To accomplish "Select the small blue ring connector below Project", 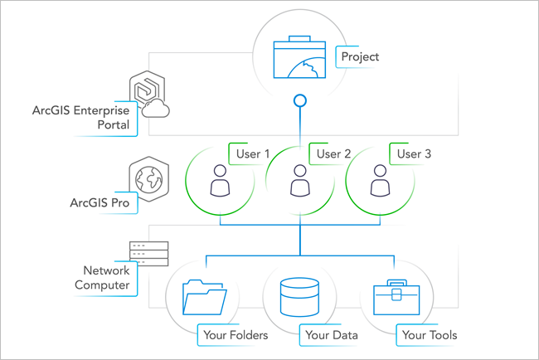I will pyautogui.click(x=299, y=102).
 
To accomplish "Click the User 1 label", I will pyautogui.click(x=254, y=153).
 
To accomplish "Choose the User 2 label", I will pyautogui.click(x=334, y=153).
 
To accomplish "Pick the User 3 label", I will pyautogui.click(x=414, y=153).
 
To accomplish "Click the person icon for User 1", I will pyautogui.click(x=220, y=182).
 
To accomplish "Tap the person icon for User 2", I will pyautogui.click(x=299, y=182).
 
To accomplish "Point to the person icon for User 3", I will pyautogui.click(x=379, y=182).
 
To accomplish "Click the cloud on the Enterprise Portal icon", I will pyautogui.click(x=158, y=111).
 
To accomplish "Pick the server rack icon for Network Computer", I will pyautogui.click(x=149, y=253).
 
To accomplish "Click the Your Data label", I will pyautogui.click(x=330, y=335).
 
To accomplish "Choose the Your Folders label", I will pyautogui.click(x=235, y=335).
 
